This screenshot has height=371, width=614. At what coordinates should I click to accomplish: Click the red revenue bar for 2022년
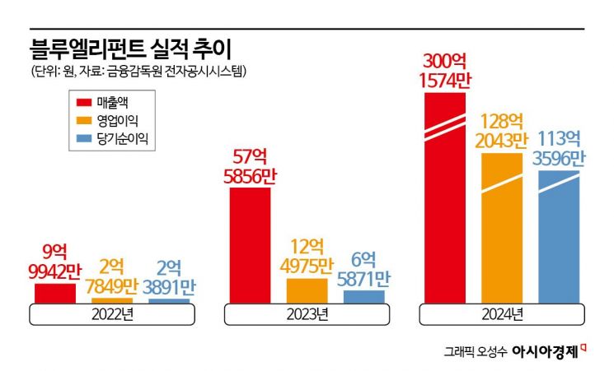54,293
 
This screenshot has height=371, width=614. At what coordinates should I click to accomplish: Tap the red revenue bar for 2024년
445,197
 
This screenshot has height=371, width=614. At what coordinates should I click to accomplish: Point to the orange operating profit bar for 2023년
307,290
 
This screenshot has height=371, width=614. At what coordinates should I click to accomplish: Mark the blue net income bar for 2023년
363,296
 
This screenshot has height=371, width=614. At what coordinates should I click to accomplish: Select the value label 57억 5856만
251,165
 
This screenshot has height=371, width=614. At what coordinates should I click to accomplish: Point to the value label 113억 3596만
558,148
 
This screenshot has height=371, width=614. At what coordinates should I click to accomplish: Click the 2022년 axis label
111,314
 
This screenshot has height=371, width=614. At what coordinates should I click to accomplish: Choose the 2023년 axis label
307,314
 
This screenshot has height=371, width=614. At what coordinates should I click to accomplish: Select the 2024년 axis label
502,314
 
